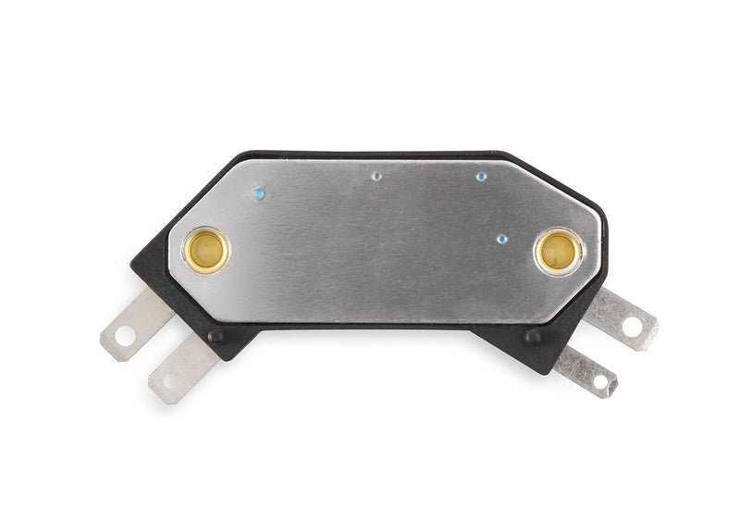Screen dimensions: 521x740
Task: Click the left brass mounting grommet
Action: pyautogui.click(x=205, y=250)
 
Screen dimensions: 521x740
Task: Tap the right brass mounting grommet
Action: pyautogui.click(x=558, y=251)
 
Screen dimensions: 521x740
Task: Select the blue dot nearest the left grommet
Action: pyautogui.click(x=258, y=193)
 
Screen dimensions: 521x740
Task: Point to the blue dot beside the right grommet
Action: pyautogui.click(x=501, y=238)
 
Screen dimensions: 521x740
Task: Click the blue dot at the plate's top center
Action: pyautogui.click(x=376, y=175)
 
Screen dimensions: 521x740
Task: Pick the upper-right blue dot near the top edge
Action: pyautogui.click(x=481, y=175)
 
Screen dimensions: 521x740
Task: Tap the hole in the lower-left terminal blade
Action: pyautogui.click(x=170, y=379)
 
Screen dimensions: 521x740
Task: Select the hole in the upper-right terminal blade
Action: pyautogui.click(x=633, y=325)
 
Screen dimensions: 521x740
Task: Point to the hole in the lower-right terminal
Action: pyautogui.click(x=599, y=379)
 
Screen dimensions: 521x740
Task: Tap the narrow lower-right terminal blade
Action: pyautogui.click(x=586, y=371)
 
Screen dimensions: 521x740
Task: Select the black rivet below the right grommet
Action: pyautogui.click(x=532, y=337)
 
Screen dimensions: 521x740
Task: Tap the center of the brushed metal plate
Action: pyautogui.click(x=384, y=241)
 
